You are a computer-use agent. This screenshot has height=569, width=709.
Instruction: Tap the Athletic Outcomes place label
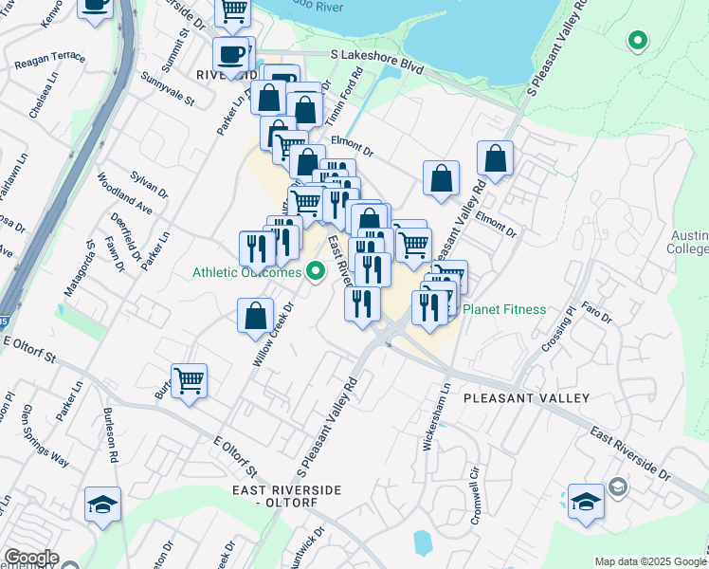pyautogui.click(x=246, y=272)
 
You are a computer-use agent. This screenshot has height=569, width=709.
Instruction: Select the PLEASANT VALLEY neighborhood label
pyautogui.click(x=526, y=398)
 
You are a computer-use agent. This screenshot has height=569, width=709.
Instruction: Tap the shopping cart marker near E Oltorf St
pyautogui.click(x=189, y=381)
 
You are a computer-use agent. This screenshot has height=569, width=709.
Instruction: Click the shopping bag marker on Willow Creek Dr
pyautogui.click(x=255, y=316)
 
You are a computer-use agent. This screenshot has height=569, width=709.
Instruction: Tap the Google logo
pyautogui.click(x=31, y=559)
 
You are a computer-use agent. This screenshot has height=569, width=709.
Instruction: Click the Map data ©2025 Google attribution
pyautogui.click(x=649, y=561)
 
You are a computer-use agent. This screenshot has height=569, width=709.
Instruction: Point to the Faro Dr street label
pyautogui.click(x=596, y=310)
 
